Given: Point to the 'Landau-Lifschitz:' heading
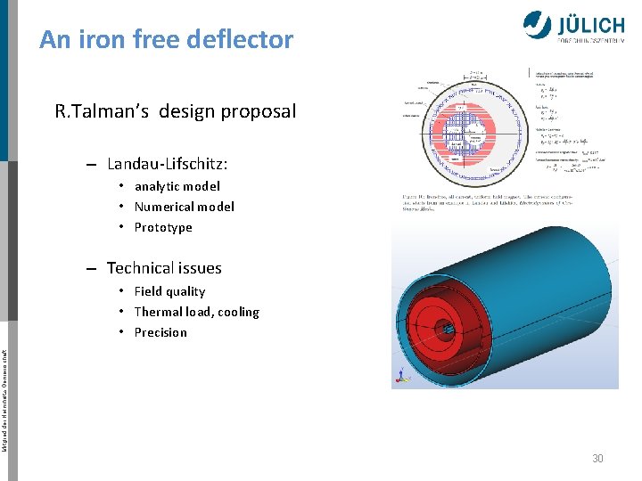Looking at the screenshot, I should coord(167,164).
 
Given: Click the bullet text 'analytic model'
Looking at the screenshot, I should coord(177,186).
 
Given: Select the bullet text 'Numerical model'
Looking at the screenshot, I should coord(184,207).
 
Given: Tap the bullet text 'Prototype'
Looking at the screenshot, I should coord(163,227).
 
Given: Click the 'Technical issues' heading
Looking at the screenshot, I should coord(164,268).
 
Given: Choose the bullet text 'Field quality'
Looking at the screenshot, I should coord(169,291).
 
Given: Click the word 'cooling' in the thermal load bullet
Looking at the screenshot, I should coord(236,312).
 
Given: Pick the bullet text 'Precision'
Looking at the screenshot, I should coord(160,332).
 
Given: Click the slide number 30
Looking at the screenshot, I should coord(597,458).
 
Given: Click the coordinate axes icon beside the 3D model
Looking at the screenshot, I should coord(397,380).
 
